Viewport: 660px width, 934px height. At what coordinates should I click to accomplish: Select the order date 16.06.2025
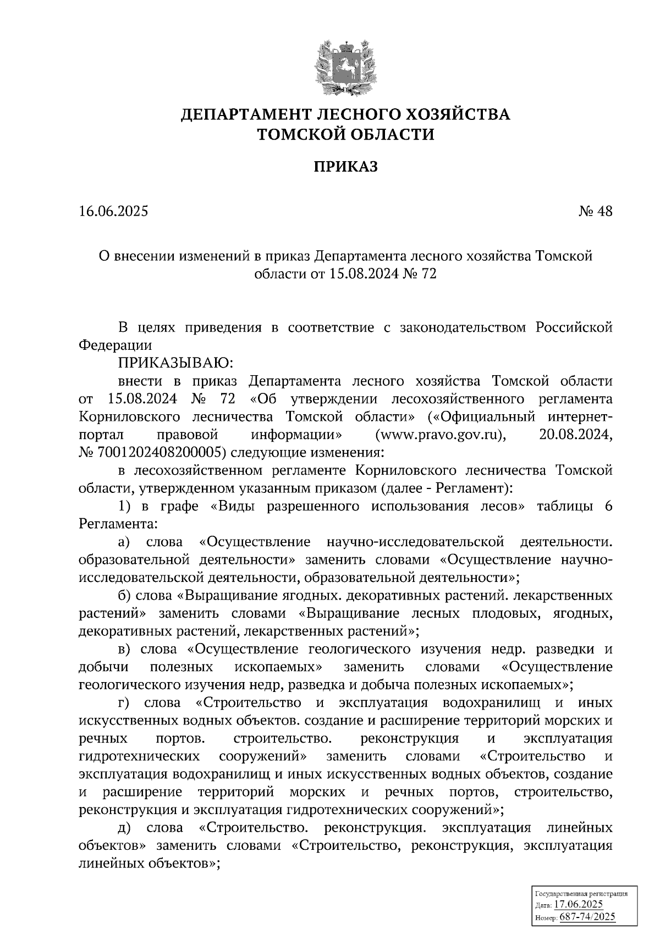tap(113, 212)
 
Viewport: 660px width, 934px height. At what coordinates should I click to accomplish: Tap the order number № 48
tap(595, 212)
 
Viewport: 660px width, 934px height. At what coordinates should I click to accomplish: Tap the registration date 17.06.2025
tap(578, 904)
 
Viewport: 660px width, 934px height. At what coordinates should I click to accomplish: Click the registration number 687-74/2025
tap(587, 917)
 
